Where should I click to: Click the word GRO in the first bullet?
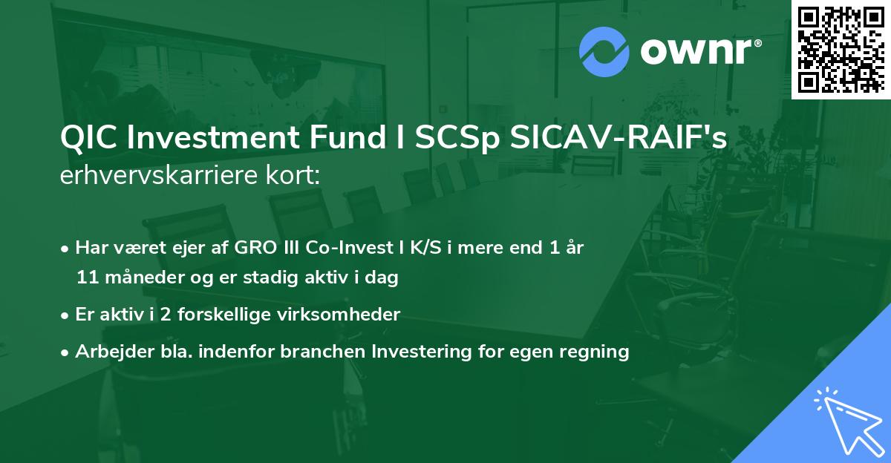coord(232,248)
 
